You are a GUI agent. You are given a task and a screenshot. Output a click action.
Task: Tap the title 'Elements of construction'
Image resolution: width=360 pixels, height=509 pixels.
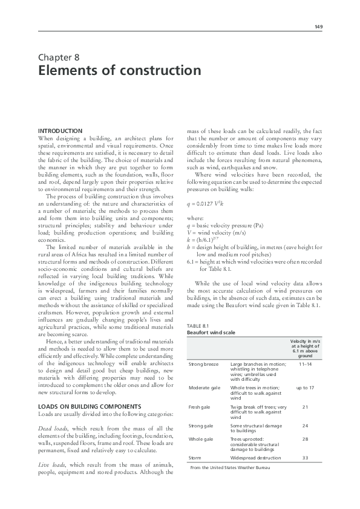coord(119,71)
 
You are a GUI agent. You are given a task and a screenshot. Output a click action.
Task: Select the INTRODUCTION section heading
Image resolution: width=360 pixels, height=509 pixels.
coord(60,131)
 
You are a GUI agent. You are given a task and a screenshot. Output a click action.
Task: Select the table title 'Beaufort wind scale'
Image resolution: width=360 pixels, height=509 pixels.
coord(211,332)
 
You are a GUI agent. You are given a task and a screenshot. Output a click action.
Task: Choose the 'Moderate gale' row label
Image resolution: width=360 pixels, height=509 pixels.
coord(205,387)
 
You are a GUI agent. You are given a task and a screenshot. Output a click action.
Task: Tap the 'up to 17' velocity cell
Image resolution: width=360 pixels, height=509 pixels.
coord(305,387)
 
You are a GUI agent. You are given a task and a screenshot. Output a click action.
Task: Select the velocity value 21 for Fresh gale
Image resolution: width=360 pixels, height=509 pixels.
coord(305,408)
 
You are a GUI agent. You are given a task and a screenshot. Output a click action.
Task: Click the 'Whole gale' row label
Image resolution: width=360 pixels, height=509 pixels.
coord(201,439)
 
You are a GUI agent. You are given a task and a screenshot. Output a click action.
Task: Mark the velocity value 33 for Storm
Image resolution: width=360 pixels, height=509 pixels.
coord(305,458)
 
